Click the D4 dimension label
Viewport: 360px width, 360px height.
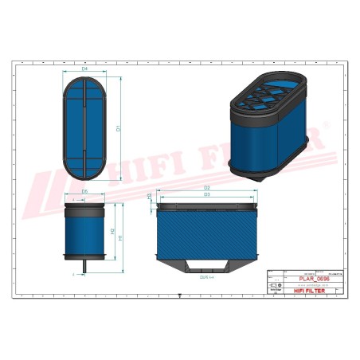85,69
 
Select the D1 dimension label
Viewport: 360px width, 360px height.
119,127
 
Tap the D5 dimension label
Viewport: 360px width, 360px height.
85,192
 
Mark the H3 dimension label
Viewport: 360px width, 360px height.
150,196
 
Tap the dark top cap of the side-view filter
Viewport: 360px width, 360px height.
85,208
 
